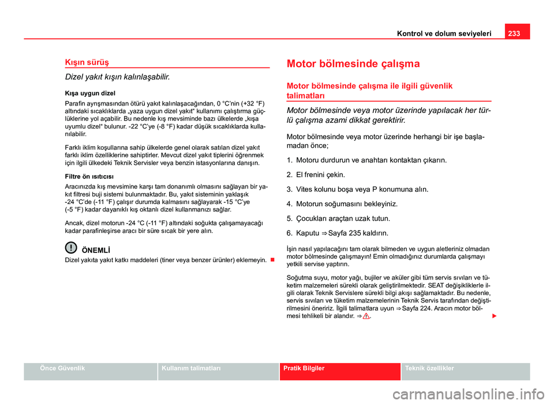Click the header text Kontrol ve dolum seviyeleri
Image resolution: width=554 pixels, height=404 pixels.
(444, 33)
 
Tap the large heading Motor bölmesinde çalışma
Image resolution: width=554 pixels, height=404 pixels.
(353, 63)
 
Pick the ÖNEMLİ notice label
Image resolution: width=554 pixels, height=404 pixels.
(96, 248)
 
